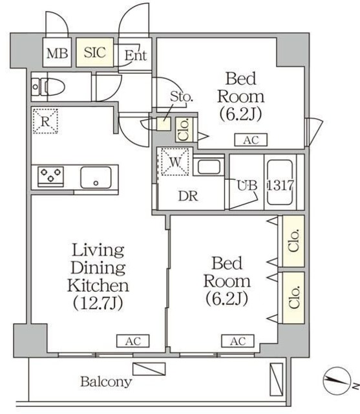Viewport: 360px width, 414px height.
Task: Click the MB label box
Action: point(58,52)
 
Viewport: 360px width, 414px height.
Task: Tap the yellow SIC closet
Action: point(95,52)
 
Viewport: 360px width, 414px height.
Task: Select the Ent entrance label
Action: point(136,55)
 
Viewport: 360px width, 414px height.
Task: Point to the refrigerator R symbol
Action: point(45,121)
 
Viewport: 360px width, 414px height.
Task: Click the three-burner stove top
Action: point(50,176)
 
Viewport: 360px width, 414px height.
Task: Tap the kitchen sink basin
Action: point(96,177)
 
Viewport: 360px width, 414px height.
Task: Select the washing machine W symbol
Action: point(175,162)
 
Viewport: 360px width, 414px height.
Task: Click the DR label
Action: point(188,196)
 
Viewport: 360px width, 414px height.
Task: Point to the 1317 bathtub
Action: point(281,182)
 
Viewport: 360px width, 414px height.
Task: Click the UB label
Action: point(247,185)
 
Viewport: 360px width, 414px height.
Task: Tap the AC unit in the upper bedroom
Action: point(251,140)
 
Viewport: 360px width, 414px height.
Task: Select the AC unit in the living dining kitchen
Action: point(133,341)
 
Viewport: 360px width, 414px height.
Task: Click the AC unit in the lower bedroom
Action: point(238,341)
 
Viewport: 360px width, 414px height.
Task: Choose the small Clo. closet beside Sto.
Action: point(184,129)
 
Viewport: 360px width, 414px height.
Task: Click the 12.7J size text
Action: point(98,303)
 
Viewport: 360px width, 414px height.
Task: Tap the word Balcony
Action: point(106,382)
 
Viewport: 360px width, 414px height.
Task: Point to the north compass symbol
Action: point(337,381)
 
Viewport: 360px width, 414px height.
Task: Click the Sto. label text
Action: point(182,96)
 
